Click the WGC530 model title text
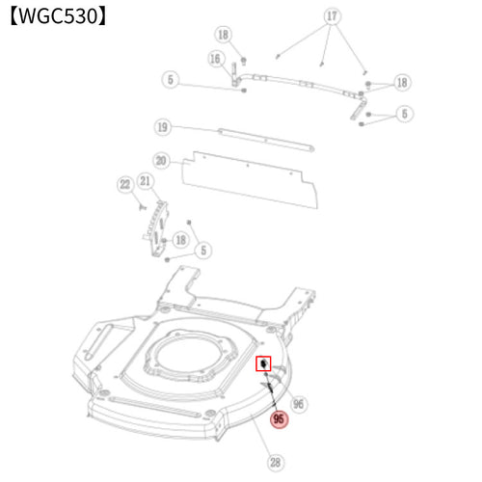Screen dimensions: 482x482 (58, 16)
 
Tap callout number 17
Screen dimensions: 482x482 (332, 16)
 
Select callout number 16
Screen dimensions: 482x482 (215, 59)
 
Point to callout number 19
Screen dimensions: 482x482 (163, 127)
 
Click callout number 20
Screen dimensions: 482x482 (161, 161)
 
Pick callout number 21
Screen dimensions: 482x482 (146, 181)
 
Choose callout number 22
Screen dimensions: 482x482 (125, 184)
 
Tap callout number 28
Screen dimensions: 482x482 (276, 463)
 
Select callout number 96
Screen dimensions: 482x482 (299, 404)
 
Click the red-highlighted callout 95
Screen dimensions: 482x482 (279, 419)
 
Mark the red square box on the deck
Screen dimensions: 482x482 (263, 363)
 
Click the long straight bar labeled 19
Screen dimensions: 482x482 (266, 140)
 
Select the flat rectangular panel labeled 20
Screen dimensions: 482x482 (250, 180)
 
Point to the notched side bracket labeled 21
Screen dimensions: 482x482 (157, 228)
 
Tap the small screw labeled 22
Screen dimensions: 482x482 (143, 207)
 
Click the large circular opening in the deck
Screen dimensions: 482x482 (191, 354)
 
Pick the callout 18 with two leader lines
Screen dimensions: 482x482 (402, 83)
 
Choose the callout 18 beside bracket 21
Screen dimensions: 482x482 (181, 240)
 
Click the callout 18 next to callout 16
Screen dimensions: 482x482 (224, 35)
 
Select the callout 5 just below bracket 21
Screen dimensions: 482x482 (203, 250)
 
